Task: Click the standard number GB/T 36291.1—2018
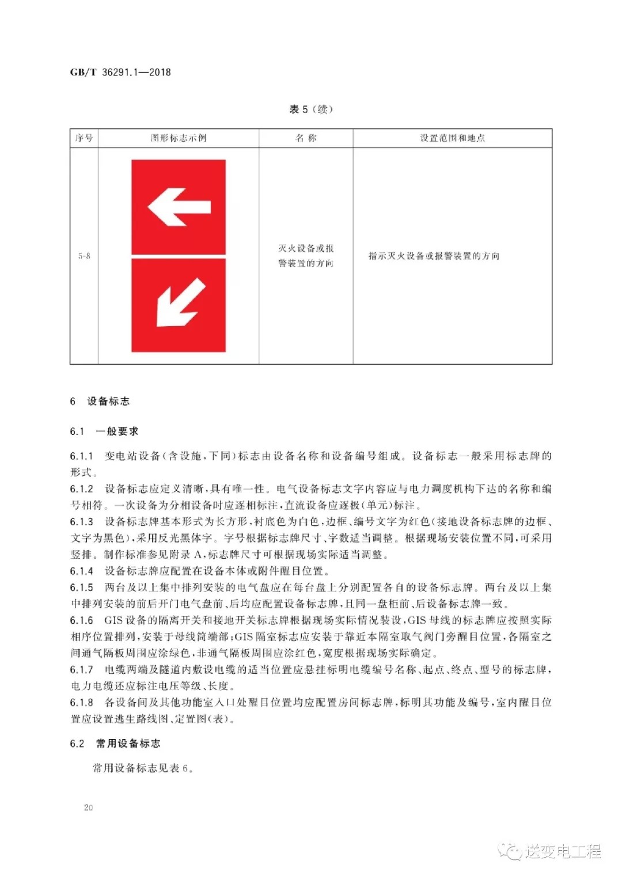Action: (x=120, y=72)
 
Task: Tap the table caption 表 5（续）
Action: (x=310, y=109)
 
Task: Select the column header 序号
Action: (x=84, y=138)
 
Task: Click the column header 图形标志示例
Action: (x=179, y=138)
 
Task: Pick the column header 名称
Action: (x=306, y=138)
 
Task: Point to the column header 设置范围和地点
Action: (x=452, y=138)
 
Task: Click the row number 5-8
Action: (x=84, y=256)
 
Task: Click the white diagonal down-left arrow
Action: (x=180, y=303)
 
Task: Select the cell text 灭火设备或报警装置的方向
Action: (x=306, y=256)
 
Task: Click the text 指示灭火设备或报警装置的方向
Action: (x=434, y=256)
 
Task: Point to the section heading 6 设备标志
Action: (x=100, y=401)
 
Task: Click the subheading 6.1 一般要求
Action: (x=104, y=431)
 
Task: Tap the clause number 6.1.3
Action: (x=82, y=522)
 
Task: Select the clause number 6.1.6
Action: (x=82, y=620)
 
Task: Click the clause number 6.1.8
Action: (x=82, y=703)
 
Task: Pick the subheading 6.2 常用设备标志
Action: (x=115, y=744)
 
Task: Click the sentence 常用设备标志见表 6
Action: (x=143, y=768)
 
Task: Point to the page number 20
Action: (x=88, y=808)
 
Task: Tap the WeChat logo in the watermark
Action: (x=510, y=851)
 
